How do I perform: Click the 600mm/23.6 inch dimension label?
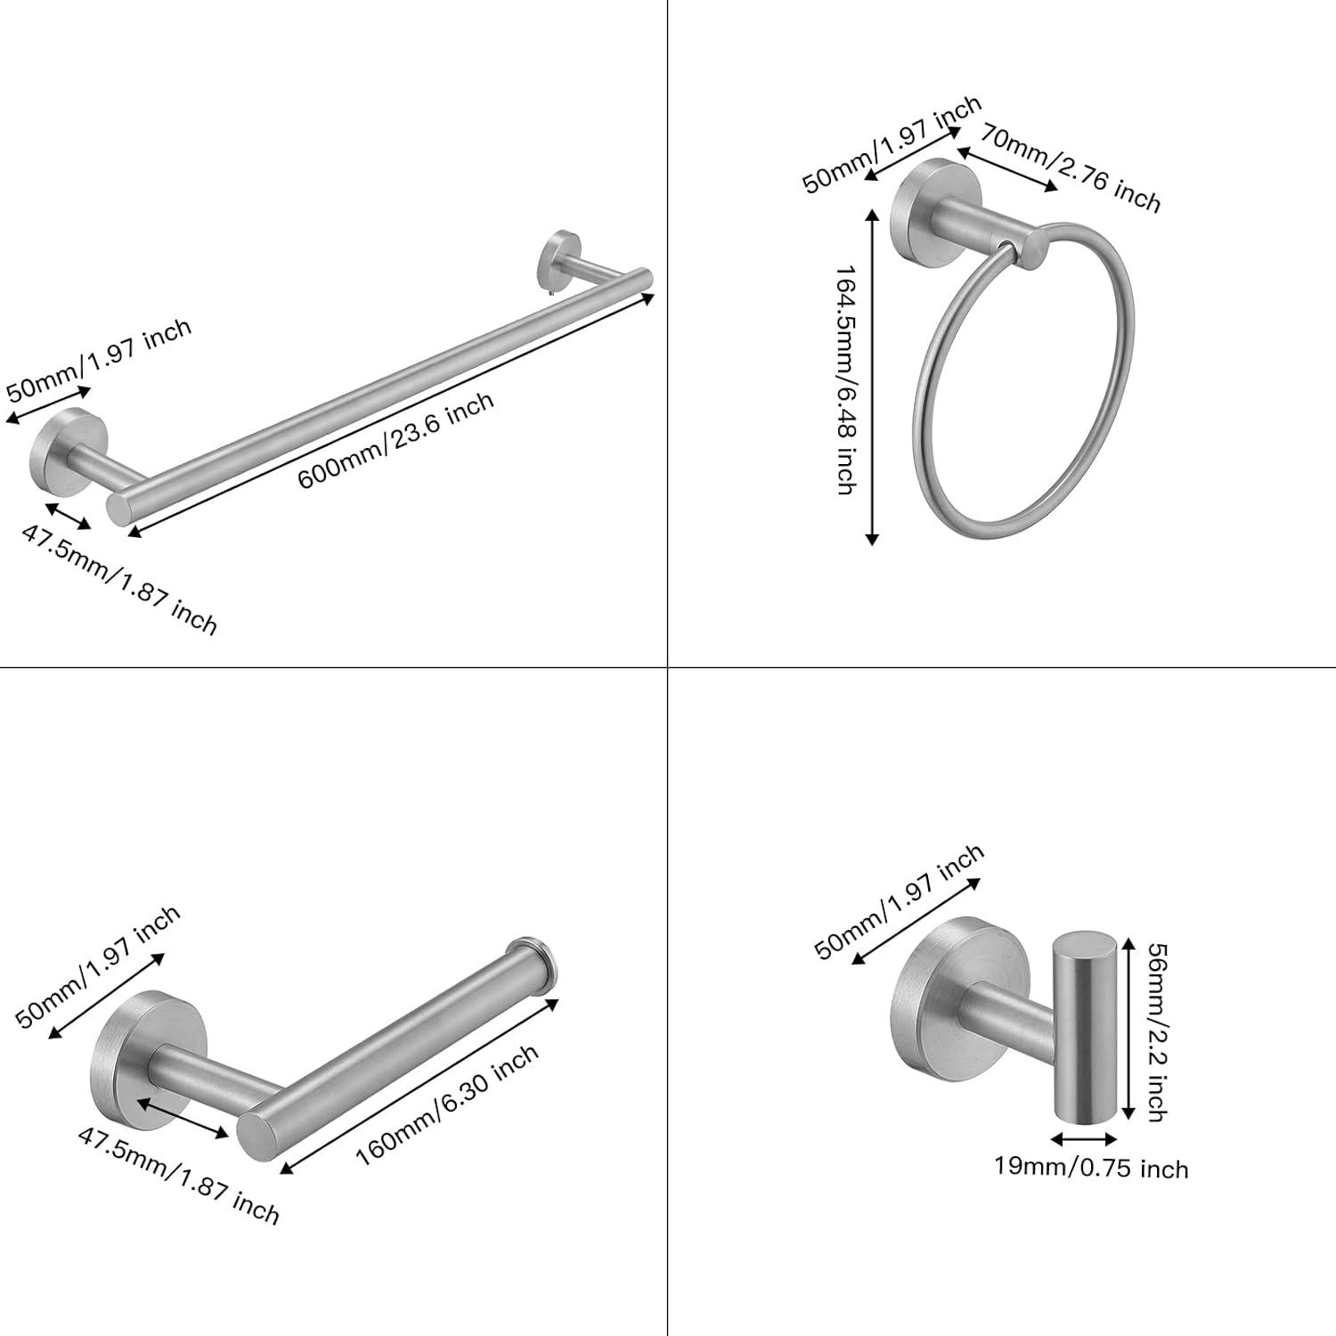pyautogui.click(x=395, y=440)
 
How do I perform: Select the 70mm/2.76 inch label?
pyautogui.click(x=1071, y=168)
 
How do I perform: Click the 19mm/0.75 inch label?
pyautogui.click(x=1091, y=1167)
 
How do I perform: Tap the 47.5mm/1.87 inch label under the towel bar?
pyautogui.click(x=119, y=580)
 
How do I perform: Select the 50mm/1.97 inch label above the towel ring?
pyautogui.click(x=892, y=144)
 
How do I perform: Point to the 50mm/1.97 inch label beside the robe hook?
pyautogui.click(x=900, y=900)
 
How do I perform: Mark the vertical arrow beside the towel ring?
pyautogui.click(x=872, y=375)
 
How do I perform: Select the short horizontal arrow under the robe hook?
pyautogui.click(x=1084, y=1138)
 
